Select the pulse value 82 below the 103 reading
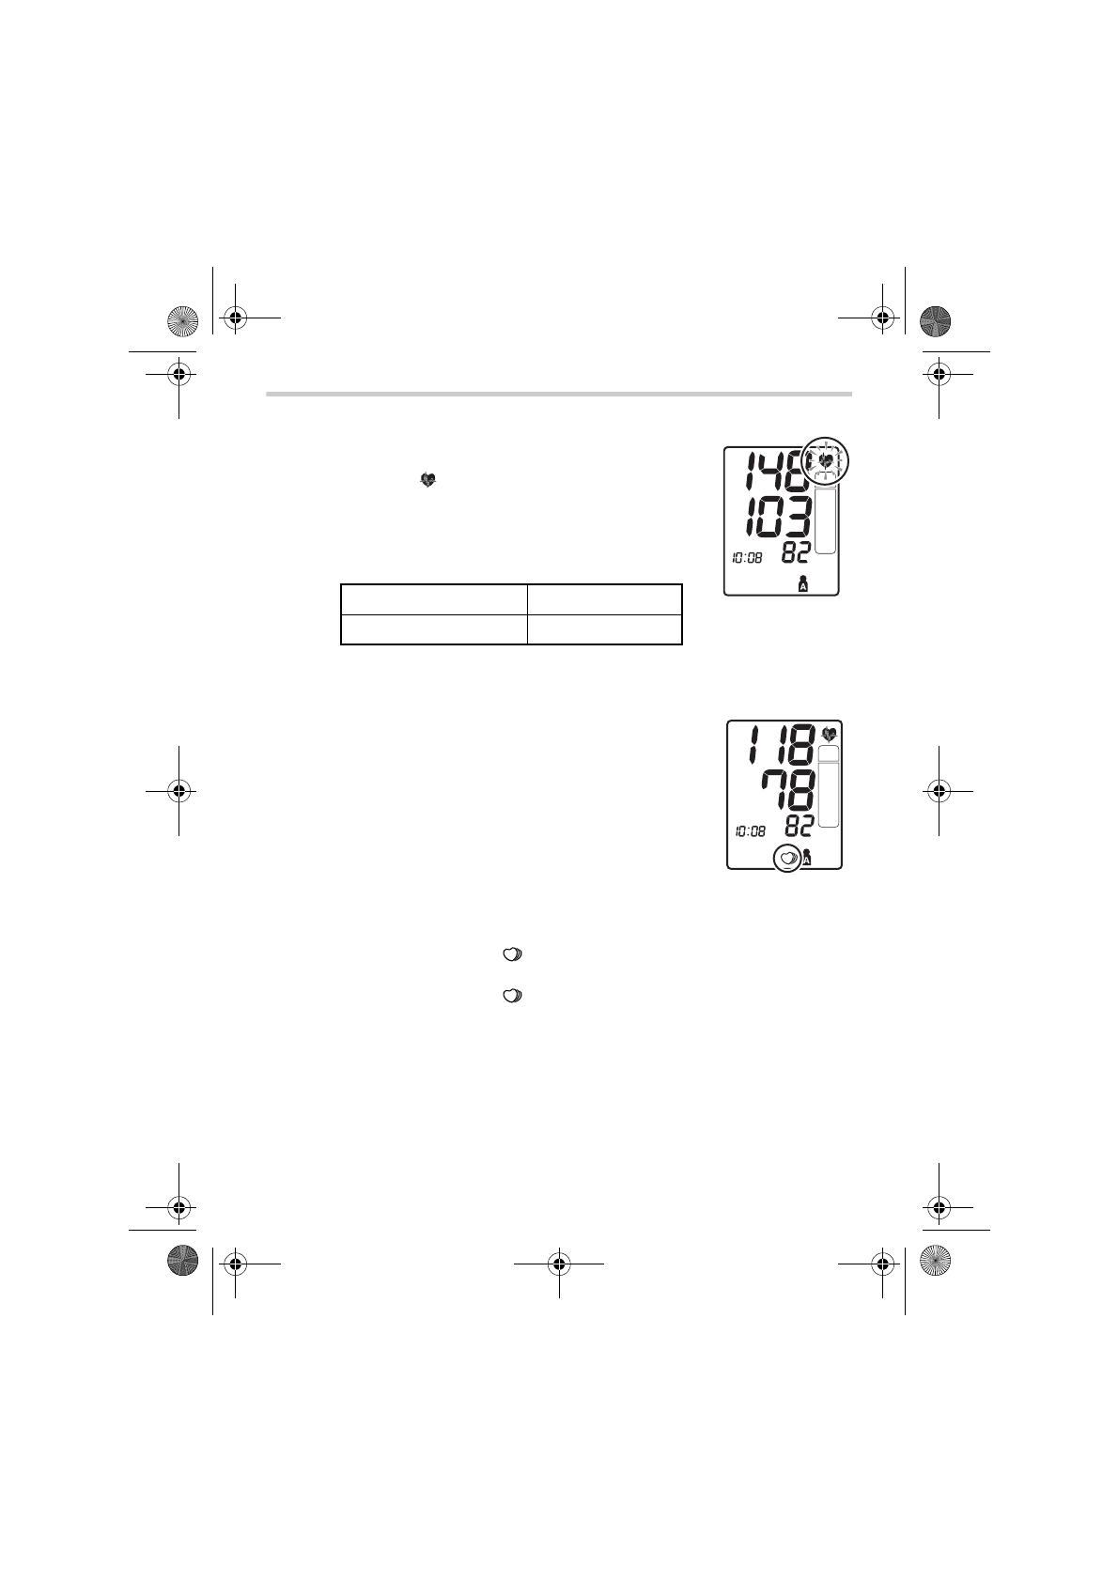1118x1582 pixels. [795, 553]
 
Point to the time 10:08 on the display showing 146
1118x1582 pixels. [747, 558]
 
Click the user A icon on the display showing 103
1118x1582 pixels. [803, 584]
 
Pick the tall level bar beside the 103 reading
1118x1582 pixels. [825, 520]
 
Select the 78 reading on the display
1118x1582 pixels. [788, 791]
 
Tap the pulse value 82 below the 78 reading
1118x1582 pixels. [800, 827]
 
